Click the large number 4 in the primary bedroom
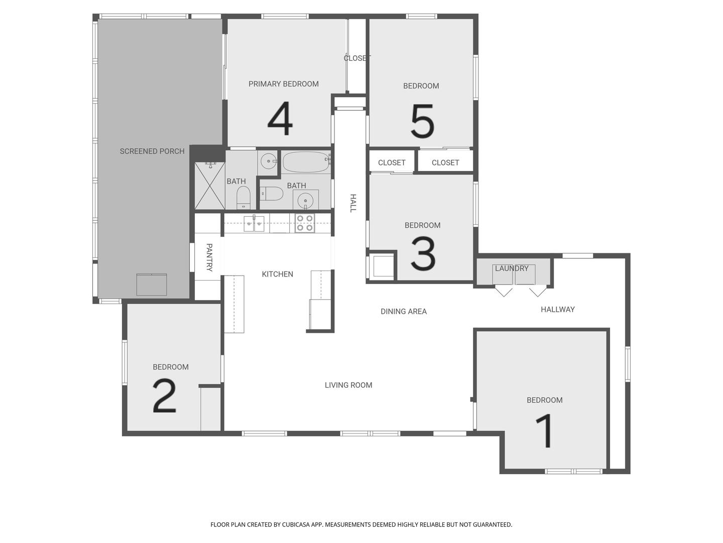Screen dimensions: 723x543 point(280,118)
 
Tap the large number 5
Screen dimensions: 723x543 point(422,121)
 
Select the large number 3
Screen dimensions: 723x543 point(423,253)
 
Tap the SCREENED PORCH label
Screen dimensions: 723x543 point(152,151)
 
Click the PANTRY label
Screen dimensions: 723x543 point(209,257)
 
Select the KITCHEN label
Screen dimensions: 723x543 point(277,274)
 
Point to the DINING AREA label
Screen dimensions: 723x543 point(404,311)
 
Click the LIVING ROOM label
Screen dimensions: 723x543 point(348,385)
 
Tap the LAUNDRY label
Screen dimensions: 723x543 point(512,268)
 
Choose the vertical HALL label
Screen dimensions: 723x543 point(353,203)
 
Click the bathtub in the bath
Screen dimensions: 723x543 point(306,162)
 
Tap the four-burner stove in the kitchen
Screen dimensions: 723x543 point(305,223)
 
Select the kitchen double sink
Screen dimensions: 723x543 point(254,224)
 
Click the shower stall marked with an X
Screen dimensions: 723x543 point(210,186)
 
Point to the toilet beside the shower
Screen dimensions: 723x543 point(244,198)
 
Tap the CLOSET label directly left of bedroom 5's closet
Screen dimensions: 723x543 point(392,162)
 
